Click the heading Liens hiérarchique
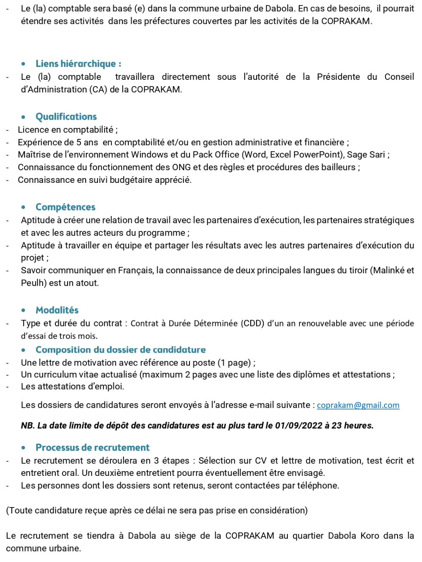point(78,64)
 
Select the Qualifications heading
point(66,117)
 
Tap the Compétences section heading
point(65,207)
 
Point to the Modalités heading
point(57,310)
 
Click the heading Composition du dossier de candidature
point(121,350)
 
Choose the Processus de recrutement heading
point(92,448)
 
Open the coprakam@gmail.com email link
point(358,405)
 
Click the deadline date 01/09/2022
point(298,426)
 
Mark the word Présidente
point(338,77)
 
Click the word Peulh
point(32,283)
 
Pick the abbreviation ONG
point(181,167)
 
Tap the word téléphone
point(317,486)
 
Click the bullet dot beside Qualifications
point(24,117)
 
